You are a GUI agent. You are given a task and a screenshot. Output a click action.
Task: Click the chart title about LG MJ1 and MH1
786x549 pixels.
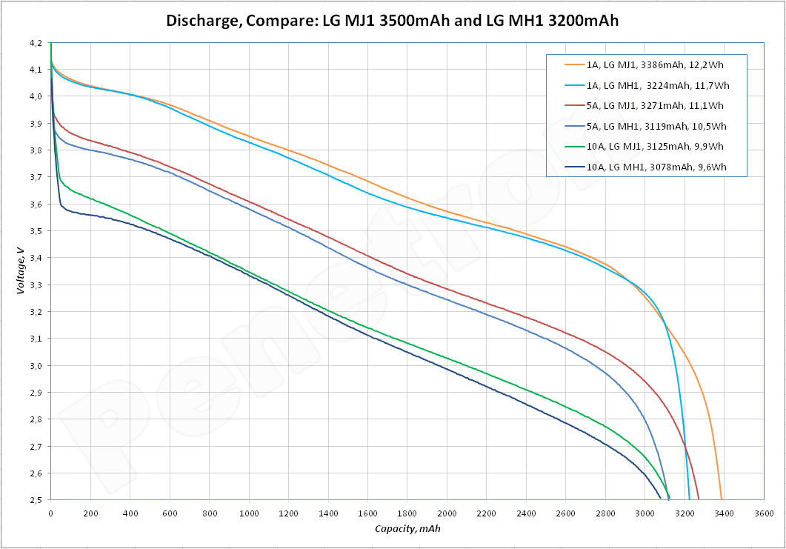tap(392, 21)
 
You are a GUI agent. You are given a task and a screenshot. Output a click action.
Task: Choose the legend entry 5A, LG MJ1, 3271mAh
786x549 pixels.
tap(655, 106)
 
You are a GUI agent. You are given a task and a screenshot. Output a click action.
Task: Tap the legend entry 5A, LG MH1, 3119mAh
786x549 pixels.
tap(656, 126)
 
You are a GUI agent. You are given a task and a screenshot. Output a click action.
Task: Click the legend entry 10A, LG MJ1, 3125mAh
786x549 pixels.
tap(656, 147)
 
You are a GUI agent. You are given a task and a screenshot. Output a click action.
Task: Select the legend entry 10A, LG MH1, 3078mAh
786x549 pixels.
tap(656, 167)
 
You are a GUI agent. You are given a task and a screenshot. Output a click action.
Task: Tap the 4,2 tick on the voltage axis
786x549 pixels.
tap(36, 43)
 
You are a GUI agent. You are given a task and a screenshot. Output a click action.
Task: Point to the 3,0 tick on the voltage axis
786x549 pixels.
tap(36, 366)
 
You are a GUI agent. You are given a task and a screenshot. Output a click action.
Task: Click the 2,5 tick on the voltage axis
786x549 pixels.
tap(36, 500)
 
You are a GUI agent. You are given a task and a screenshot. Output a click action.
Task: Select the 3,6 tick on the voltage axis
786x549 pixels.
tap(36, 204)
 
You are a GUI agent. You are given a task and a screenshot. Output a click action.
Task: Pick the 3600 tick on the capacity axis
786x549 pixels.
tap(763, 513)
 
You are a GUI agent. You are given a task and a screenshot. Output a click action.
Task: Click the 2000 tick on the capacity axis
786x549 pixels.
tap(447, 513)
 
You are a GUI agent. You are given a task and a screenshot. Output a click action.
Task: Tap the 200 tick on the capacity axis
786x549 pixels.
tap(90, 513)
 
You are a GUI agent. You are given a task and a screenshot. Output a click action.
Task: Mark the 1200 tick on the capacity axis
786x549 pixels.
tap(288, 513)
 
